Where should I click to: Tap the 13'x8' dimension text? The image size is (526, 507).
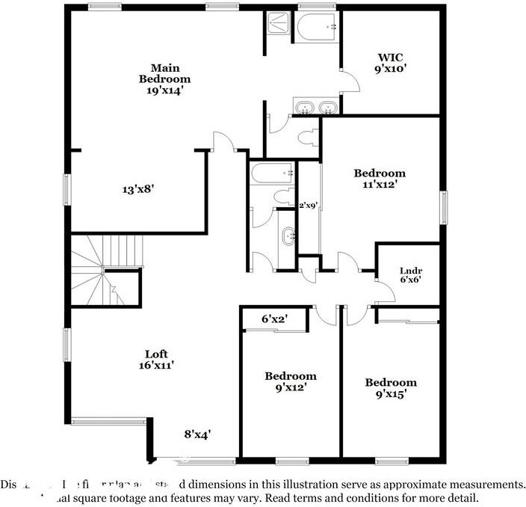[138, 189]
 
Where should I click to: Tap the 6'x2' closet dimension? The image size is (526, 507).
[275, 319]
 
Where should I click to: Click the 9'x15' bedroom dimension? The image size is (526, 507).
[391, 389]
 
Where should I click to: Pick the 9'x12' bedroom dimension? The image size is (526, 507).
[291, 388]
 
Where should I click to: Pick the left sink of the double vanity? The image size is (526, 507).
[304, 109]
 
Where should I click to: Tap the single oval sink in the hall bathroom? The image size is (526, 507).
[287, 237]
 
